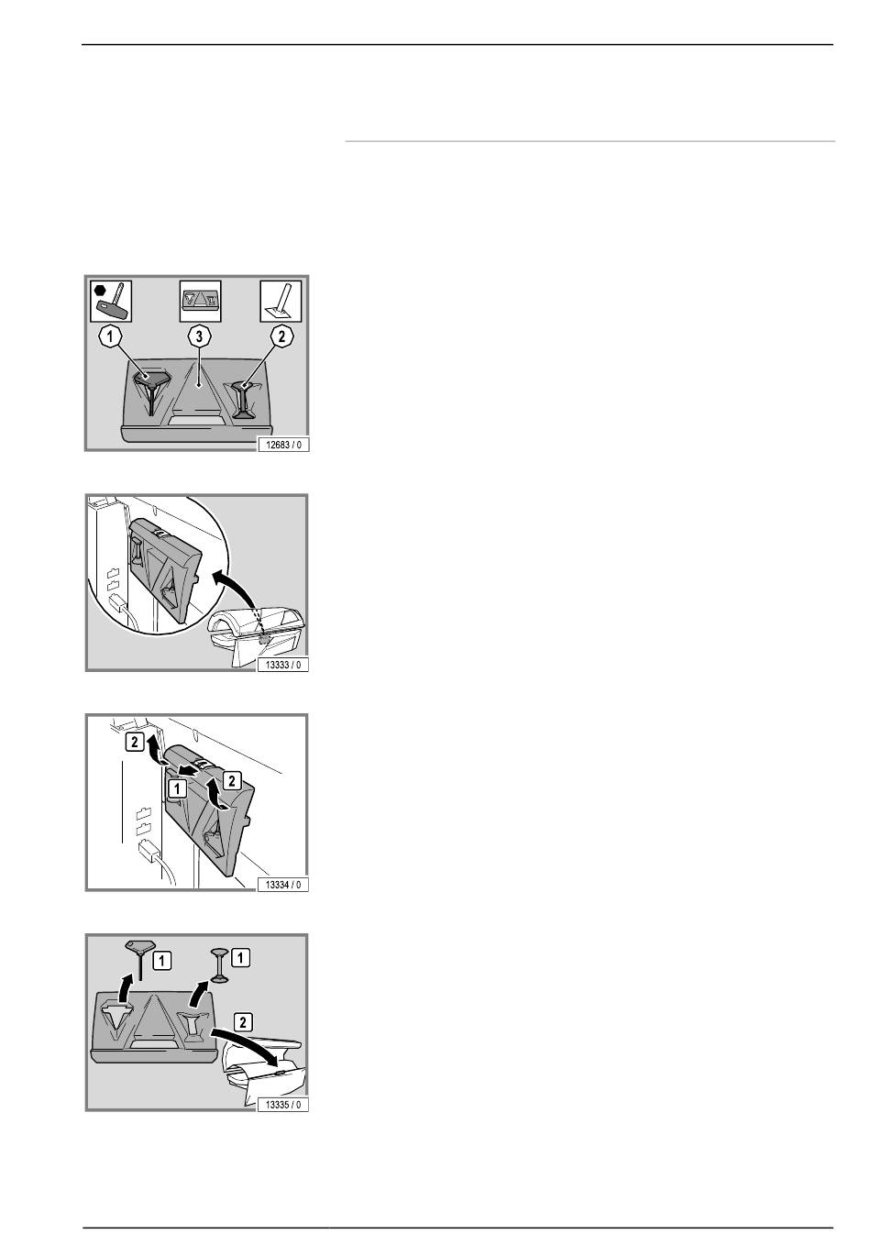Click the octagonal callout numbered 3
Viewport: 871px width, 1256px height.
click(x=199, y=337)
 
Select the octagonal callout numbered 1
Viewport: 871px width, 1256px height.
click(x=111, y=337)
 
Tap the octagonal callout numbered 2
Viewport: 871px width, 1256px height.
click(x=281, y=336)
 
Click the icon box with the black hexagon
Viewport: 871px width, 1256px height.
click(x=111, y=301)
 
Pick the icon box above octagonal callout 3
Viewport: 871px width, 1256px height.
click(x=200, y=301)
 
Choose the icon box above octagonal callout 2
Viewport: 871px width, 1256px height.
click(x=281, y=301)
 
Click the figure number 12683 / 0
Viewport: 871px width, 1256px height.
click(x=282, y=445)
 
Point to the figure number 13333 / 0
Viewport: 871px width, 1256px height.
click(x=282, y=665)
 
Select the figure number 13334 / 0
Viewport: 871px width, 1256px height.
click(x=282, y=885)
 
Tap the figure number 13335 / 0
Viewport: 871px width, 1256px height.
click(x=282, y=1104)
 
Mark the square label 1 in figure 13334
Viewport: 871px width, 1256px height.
click(x=177, y=789)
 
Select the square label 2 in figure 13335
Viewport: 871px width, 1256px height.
click(x=243, y=1022)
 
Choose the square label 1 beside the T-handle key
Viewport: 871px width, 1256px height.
click(x=162, y=961)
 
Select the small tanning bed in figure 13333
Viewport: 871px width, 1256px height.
click(x=257, y=636)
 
